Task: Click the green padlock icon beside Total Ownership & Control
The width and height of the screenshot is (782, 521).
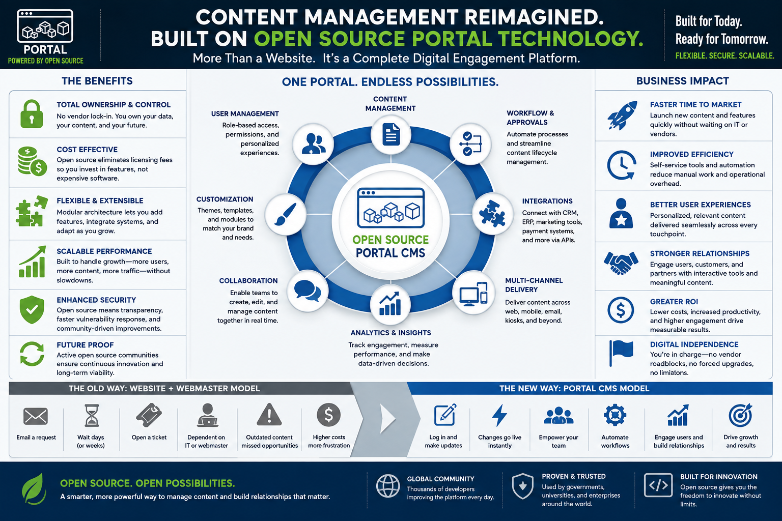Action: pos(32,114)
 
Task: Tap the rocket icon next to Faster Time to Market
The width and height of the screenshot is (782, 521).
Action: pos(622,115)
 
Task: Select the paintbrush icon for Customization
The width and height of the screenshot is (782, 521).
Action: pos(285,214)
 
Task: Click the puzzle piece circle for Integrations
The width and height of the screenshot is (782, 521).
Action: pos(493,214)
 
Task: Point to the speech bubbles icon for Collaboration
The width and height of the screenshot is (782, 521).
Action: pos(308,291)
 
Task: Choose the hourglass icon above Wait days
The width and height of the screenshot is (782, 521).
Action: pos(92,415)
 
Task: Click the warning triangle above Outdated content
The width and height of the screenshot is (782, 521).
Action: pos(269,414)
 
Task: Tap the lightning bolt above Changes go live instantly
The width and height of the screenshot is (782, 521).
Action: pos(499,415)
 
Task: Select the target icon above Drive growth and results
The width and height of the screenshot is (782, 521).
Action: pos(740,415)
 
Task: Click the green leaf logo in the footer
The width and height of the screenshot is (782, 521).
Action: pos(34,489)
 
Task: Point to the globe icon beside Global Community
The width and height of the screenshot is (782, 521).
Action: pos(388,486)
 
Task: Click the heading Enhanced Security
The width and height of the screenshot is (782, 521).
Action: pos(96,300)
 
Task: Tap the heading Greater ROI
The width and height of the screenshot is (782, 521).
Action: pos(674,302)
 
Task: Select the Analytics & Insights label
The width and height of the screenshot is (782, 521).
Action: pos(390,333)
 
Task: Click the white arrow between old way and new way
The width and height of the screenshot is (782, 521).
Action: pos(387,419)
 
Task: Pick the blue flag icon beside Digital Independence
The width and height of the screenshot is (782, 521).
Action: pos(621,353)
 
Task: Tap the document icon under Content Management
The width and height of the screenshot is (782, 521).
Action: pos(391,134)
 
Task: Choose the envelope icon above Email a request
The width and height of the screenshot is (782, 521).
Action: pos(36,416)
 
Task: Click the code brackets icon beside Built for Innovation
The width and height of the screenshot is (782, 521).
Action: pos(658,485)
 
